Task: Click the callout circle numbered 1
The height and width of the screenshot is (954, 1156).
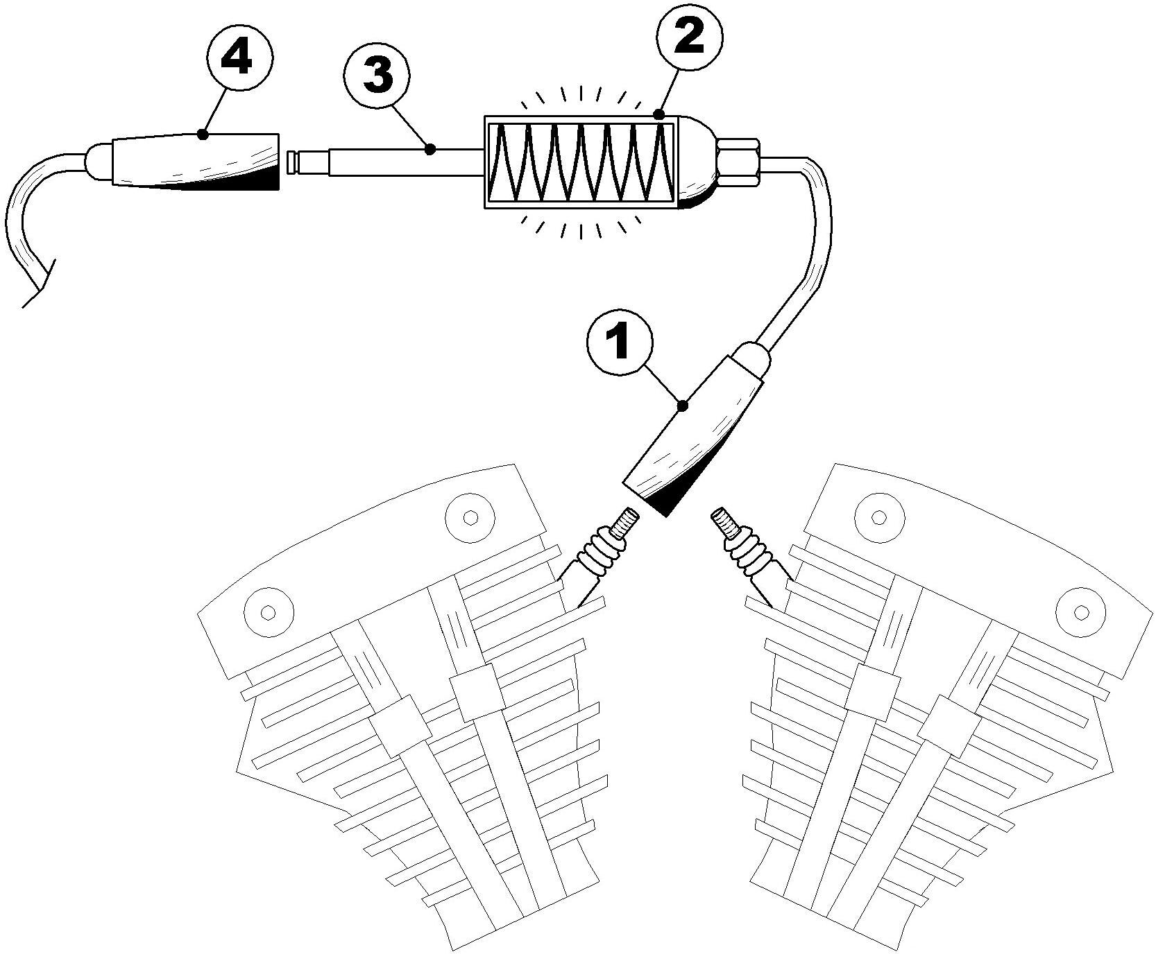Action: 618,345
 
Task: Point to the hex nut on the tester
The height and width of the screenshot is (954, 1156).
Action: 740,164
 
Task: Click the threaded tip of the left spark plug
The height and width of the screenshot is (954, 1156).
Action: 626,519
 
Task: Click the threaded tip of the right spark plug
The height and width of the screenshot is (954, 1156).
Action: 724,519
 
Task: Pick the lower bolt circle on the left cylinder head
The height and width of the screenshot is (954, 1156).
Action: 270,612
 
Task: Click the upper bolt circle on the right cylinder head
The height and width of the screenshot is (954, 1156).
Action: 879,517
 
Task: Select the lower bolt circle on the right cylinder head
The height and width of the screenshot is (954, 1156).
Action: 1080,612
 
